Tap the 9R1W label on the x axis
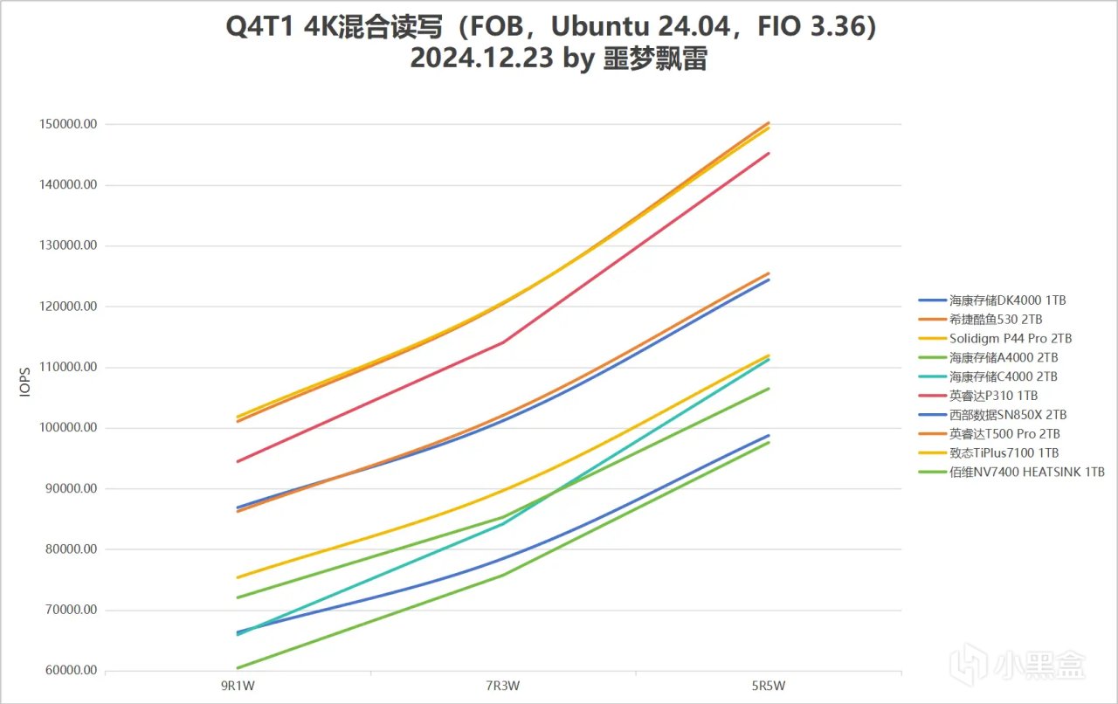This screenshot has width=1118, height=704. pos(238,686)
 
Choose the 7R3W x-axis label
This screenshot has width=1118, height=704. pos(504,686)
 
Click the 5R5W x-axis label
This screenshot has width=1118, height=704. pos(769,686)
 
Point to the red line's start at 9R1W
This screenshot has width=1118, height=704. pos(238,461)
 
